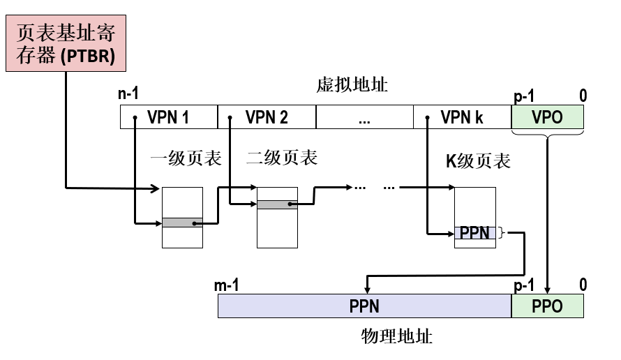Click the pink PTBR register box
click(66, 43)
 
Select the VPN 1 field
click(168, 117)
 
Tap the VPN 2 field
click(267, 117)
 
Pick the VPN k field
click(462, 117)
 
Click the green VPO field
click(547, 117)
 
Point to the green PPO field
click(547, 306)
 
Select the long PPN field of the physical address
click(364, 306)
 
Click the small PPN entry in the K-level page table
click(475, 233)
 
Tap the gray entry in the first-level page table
click(182, 223)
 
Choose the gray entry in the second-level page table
click(277, 204)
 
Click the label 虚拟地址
click(352, 85)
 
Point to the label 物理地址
click(397, 337)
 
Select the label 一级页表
click(186, 158)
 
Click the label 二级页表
click(282, 158)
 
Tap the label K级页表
click(478, 161)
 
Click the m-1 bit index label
click(227, 285)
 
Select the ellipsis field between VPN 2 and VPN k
click(364, 117)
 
